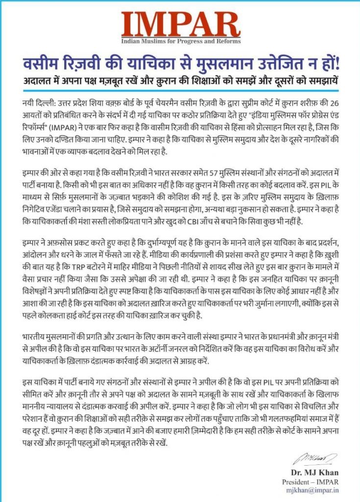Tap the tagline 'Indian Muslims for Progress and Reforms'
(x=180, y=43)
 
